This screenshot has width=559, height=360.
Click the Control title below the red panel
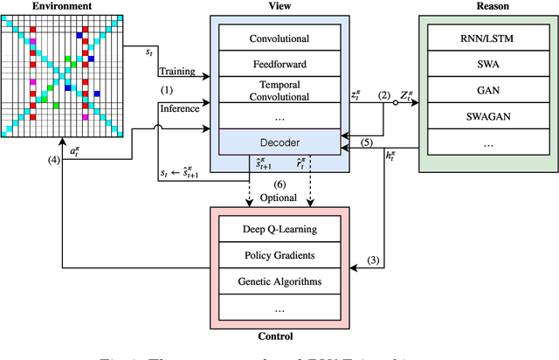pyautogui.click(x=277, y=336)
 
